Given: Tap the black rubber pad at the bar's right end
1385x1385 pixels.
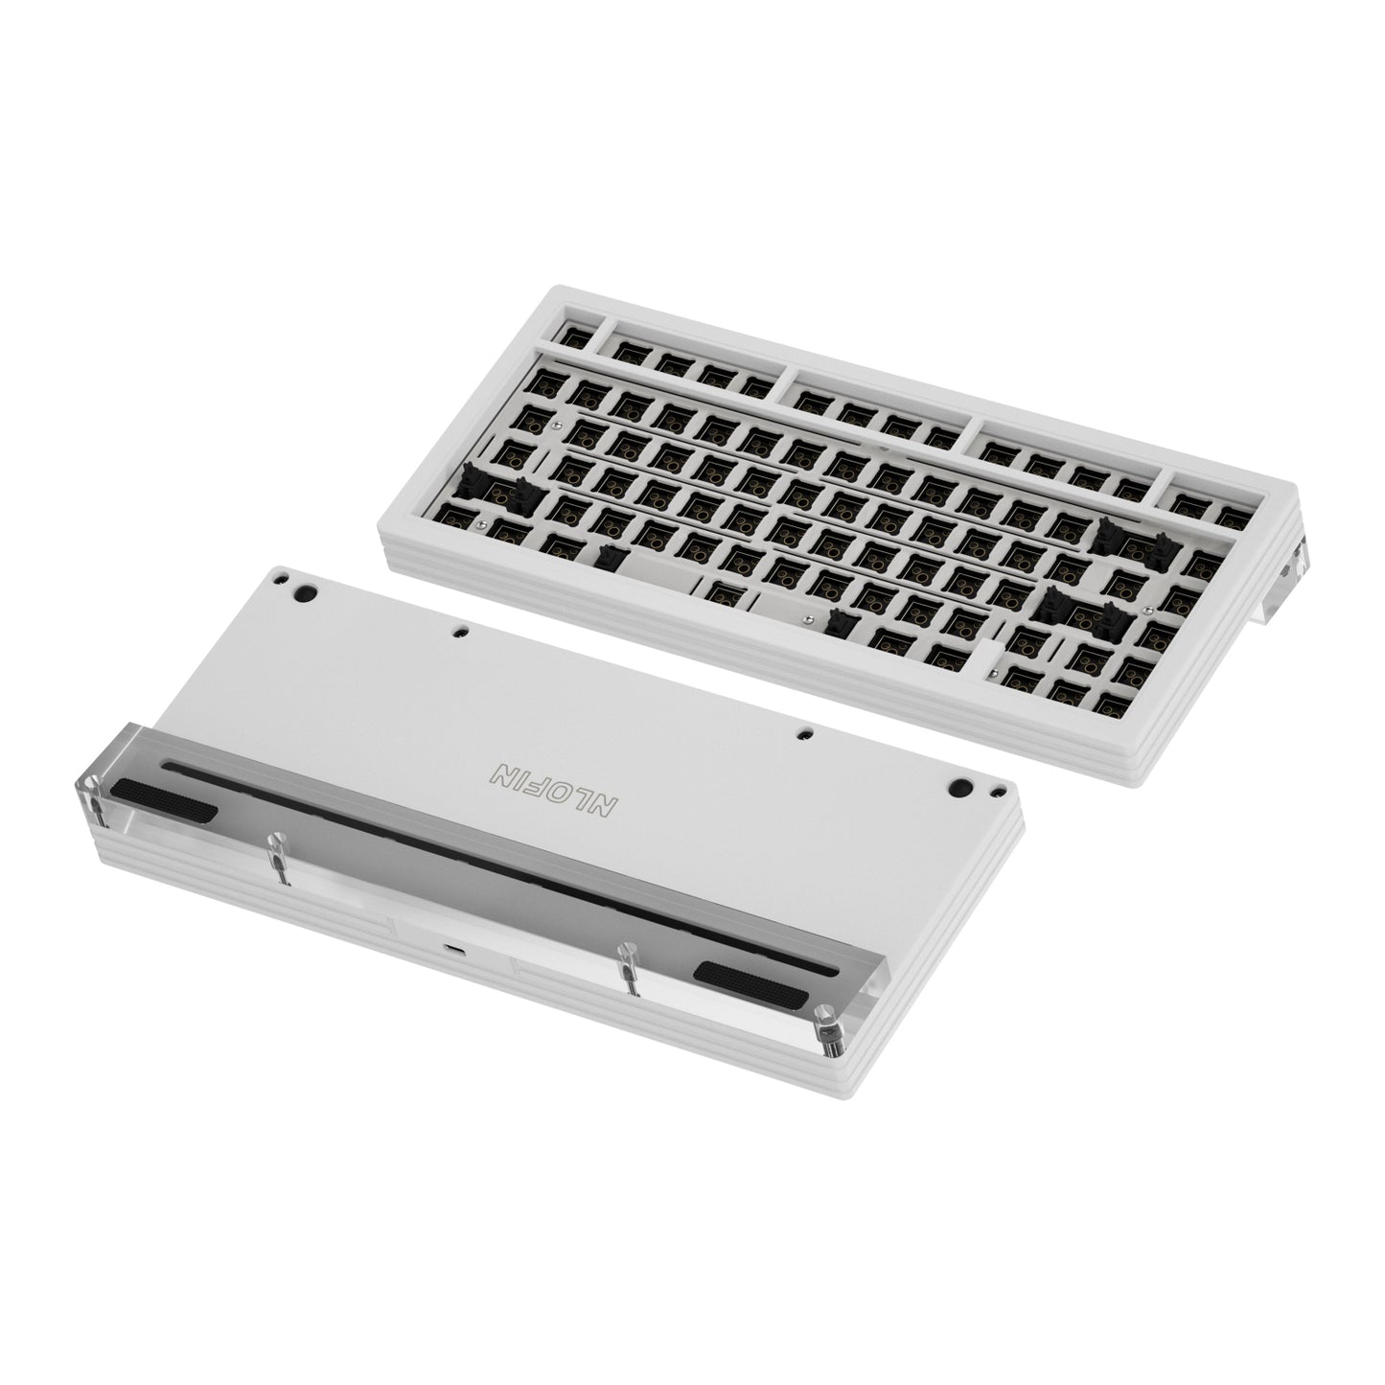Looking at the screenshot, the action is pos(749,984).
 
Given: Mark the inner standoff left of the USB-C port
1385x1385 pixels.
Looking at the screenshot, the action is pos(279,860).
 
